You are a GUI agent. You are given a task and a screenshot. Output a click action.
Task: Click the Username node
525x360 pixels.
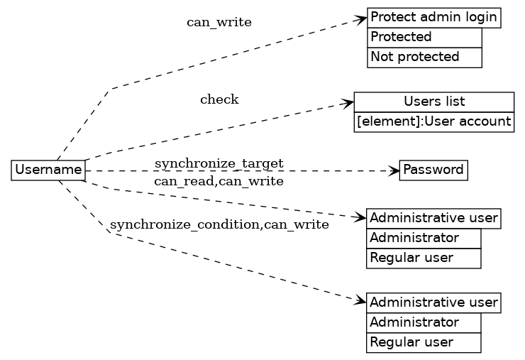point(48,170)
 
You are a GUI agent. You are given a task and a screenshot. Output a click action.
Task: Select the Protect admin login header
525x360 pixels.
point(433,18)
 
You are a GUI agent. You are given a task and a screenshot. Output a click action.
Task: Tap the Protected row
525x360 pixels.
point(424,37)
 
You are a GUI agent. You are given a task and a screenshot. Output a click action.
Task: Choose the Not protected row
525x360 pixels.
point(424,57)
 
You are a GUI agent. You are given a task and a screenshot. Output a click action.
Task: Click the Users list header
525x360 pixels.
point(433,102)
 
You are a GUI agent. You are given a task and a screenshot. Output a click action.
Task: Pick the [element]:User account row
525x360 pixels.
point(433,122)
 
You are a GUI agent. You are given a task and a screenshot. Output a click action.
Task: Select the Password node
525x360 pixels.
point(433,170)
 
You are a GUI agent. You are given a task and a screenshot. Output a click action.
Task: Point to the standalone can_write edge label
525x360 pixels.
point(219,22)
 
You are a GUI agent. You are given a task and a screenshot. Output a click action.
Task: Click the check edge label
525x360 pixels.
point(219,99)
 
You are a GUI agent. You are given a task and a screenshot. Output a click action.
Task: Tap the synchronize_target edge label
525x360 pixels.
point(219,164)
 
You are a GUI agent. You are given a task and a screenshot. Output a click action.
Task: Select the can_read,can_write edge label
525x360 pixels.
point(219,182)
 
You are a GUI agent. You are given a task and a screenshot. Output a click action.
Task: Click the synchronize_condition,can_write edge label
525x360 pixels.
point(219,226)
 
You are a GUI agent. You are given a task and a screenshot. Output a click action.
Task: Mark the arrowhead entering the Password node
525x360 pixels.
point(394,170)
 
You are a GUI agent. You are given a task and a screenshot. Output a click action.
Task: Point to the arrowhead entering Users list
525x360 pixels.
point(348,104)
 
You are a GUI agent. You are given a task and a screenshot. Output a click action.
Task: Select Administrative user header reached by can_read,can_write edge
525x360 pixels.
point(433,218)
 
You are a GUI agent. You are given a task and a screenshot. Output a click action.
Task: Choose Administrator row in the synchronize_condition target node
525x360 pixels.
point(424,322)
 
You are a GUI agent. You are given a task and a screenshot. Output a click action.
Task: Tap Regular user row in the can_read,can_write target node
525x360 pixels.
point(424,258)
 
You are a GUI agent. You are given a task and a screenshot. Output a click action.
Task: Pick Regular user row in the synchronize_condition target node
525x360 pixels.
point(424,342)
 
